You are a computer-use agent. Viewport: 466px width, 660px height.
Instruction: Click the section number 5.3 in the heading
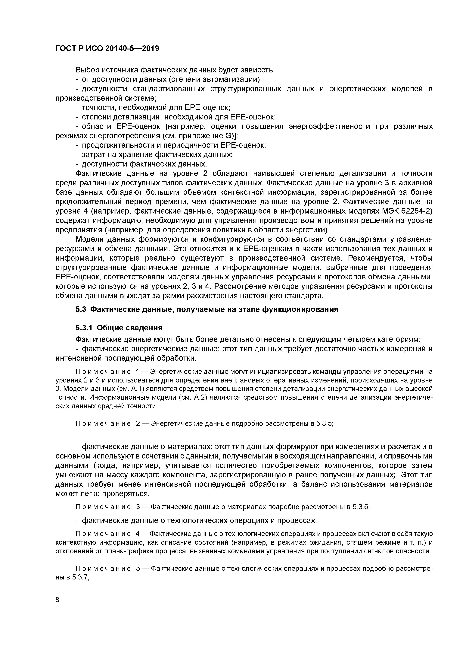[x=81, y=310]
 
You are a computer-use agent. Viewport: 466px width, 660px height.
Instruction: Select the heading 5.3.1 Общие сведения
[x=119, y=328]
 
